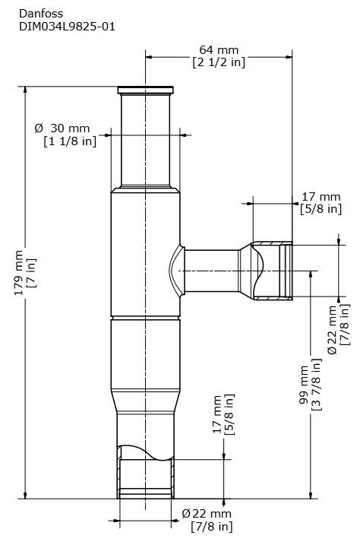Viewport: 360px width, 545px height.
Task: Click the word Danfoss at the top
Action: (41, 12)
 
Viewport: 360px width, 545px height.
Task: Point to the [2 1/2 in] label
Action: (219, 62)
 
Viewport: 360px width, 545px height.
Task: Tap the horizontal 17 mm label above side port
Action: (320, 195)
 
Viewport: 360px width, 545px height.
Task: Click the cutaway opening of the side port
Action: (273, 271)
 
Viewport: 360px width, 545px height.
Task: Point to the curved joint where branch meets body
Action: (174, 271)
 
